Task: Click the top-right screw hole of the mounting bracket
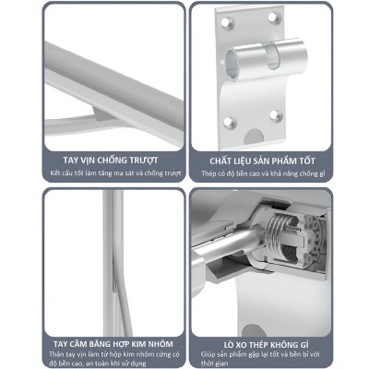point(272,18)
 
